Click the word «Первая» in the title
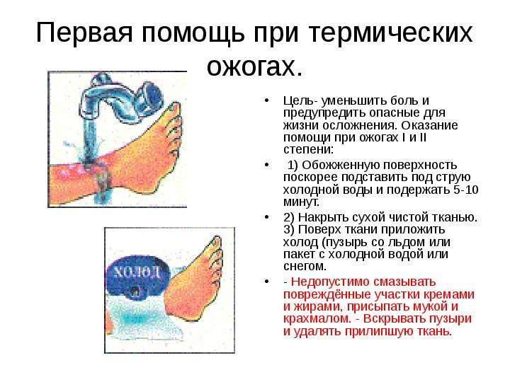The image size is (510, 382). point(84,33)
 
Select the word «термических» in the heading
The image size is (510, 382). point(390,33)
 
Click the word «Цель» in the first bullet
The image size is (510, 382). point(299,100)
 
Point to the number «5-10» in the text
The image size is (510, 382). point(466,190)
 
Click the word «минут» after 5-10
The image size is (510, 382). point(301,202)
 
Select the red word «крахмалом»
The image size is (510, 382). point(317,318)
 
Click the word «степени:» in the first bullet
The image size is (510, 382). point(308,150)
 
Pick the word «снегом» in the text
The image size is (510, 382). point(305,267)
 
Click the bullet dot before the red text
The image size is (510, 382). point(267,282)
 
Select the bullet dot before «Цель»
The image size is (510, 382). point(267,100)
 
